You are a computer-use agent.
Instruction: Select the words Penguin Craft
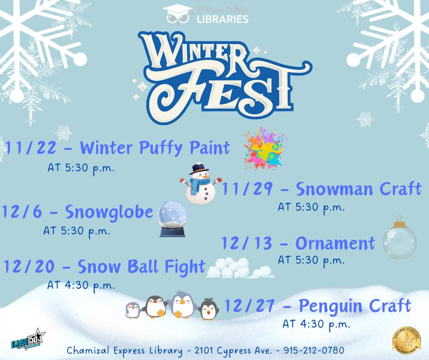pos(355,305)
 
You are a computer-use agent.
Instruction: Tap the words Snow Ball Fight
pos(141,267)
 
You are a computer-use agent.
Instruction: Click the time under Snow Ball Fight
pos(81,285)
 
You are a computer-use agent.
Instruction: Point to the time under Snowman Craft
pos(311,207)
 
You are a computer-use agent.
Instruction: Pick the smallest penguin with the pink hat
pos(133,310)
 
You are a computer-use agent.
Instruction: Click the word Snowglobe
pos(109,212)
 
